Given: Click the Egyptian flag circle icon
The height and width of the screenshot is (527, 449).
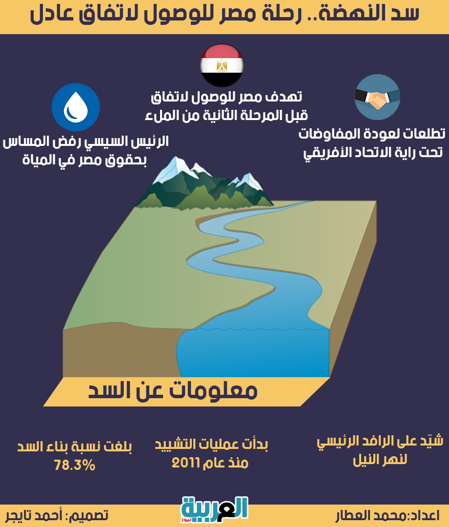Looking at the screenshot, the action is pos(222,65).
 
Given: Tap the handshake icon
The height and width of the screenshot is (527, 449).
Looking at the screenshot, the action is pos(377,97).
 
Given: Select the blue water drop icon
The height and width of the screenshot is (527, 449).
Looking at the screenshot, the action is pos(76,107).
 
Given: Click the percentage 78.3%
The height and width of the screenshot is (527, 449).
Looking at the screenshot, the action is pos(75,466).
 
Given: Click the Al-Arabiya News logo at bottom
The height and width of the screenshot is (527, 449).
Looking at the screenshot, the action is pos(214,509).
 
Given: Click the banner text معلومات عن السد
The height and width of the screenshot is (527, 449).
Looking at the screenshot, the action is pos(173,390).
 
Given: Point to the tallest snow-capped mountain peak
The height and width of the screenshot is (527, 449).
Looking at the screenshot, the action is pos(175,158).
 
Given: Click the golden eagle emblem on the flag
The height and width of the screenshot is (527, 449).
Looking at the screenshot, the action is pos(222,65).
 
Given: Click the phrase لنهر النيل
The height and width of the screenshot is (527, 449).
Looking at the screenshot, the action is pos(380,460).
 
